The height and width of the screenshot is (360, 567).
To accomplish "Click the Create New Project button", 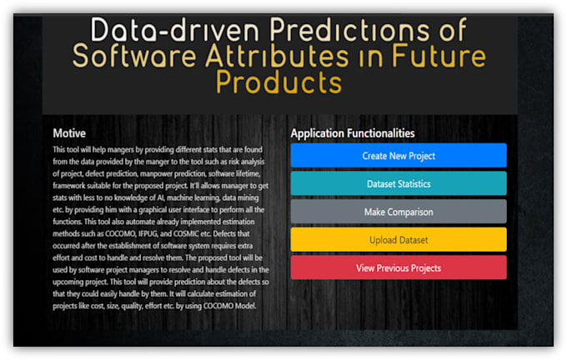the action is pos(399,156).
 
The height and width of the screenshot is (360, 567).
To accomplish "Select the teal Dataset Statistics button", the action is pos(399,183).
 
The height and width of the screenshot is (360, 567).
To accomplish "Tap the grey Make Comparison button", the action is pos(399,212).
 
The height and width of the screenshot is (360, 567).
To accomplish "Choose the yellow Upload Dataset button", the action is pos(399,240).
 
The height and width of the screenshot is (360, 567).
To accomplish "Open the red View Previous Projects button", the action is pos(399,267).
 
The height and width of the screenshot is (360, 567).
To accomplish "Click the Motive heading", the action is pos(69,133).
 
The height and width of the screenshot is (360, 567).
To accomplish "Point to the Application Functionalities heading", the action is pos(353,133).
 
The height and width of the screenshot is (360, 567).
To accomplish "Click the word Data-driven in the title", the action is pos(174,30).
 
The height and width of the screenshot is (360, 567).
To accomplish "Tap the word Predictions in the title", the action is pos(349,30).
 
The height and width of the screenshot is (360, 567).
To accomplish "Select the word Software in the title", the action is pos(134,56).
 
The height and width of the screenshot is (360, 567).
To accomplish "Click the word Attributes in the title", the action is pos(278,56).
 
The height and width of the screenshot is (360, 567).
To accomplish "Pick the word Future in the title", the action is pos(439,56).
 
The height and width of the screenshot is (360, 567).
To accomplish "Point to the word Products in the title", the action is pos(278,82).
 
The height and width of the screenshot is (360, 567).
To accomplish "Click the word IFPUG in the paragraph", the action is pos(148,234).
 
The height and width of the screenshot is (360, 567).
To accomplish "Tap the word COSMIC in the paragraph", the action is pos(186,234).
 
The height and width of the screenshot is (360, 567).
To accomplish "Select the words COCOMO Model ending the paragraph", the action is pos(229,306).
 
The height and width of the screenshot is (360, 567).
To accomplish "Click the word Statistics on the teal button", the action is pos(414,184).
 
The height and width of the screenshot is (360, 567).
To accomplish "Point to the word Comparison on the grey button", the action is pos(410,212).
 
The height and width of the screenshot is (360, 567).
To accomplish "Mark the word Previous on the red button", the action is pos(394,268).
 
